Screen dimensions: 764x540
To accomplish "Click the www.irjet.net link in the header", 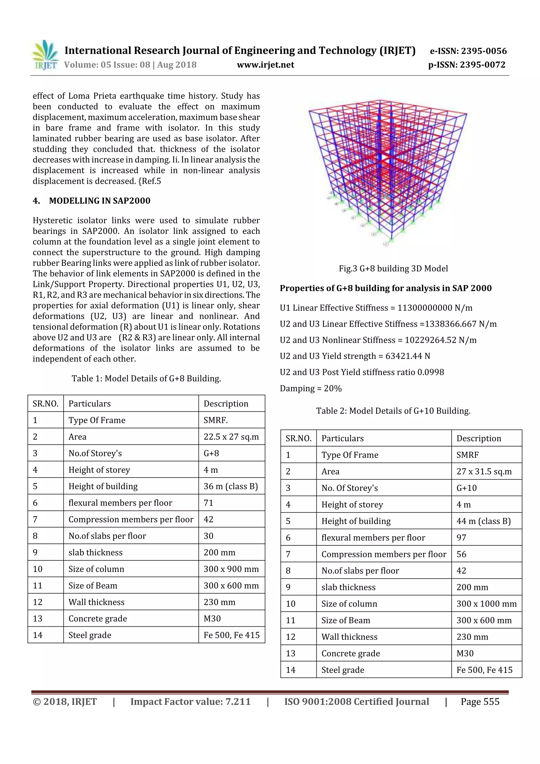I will pos(265,65).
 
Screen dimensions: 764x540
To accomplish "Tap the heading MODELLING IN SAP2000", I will pos(99,201).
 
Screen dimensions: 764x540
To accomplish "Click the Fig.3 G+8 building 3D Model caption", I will pos(393,268).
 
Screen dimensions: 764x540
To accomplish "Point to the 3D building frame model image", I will pos(388,171).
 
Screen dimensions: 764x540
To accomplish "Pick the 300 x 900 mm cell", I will pos(231,569).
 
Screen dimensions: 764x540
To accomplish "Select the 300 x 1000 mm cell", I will pos(486,604).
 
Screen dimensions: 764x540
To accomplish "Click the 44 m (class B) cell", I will pos(483,521).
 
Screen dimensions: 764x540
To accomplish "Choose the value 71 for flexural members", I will pos(209,503).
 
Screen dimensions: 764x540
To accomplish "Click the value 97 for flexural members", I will pos(461,538).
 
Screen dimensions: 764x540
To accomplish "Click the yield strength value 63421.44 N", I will pos(408,356).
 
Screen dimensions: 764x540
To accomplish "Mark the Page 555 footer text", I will pos(480,702).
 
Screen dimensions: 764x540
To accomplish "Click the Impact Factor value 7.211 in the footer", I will pos(190,702).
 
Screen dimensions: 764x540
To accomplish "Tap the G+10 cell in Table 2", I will pos(466,488).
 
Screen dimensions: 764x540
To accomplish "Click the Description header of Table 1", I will pos(226,404).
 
